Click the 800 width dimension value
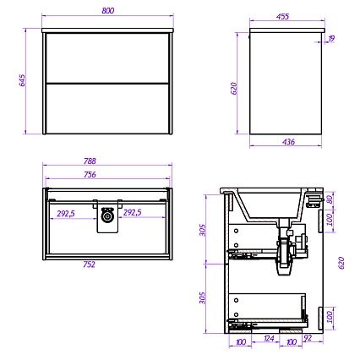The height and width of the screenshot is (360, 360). coord(108,11)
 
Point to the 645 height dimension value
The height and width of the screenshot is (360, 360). coord(22,80)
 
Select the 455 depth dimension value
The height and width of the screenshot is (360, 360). coord(282,16)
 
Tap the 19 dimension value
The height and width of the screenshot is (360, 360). coord(331,39)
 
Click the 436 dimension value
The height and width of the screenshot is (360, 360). coord(288,142)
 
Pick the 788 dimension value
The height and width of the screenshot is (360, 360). coord(90,161)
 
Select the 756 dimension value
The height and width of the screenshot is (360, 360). coord(90,175)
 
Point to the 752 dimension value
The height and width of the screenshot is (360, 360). coord(89,265)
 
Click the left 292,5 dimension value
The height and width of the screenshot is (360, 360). coord(66,213)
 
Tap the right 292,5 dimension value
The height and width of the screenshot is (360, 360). coord(133,213)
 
